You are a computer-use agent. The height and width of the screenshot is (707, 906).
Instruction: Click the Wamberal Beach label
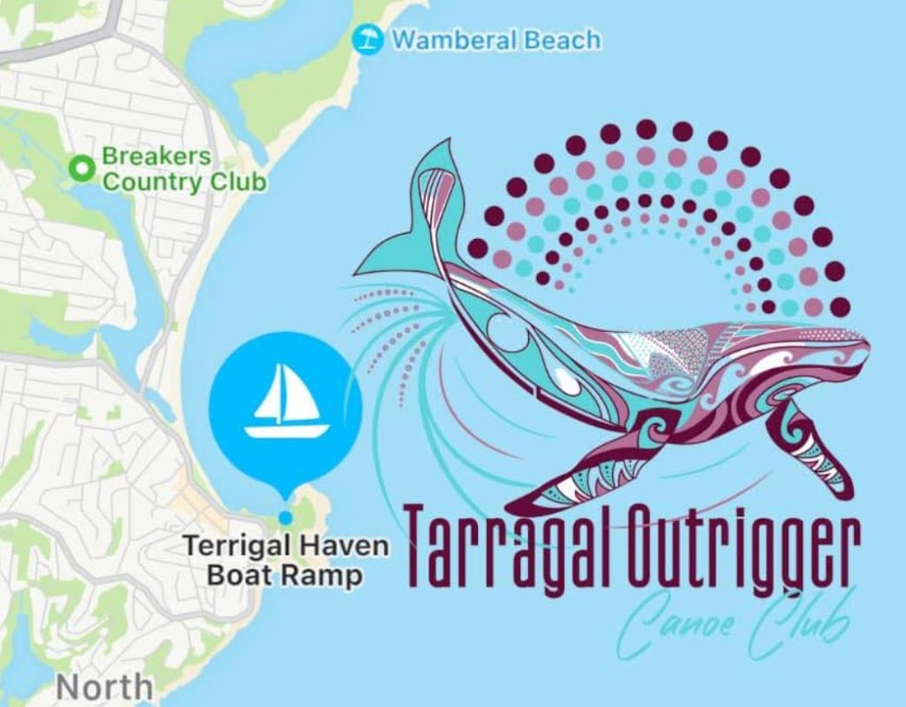[x=495, y=39]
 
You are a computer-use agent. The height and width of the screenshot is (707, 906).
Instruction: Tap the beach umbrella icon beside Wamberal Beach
[x=365, y=38]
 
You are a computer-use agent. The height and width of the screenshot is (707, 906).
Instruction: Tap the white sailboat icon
[x=286, y=401]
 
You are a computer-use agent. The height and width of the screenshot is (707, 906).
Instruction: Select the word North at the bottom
[x=104, y=688]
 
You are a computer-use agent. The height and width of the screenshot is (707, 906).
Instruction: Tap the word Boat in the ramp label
[x=238, y=575]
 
